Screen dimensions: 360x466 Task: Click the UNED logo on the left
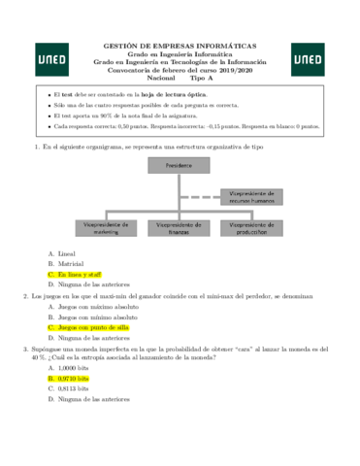[x=51, y=59]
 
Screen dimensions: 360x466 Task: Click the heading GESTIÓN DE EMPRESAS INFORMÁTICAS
[x=180, y=46]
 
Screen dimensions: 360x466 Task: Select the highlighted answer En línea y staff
[x=80, y=275]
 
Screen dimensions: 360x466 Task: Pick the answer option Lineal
[x=68, y=252]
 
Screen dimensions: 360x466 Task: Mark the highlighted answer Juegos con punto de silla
[x=94, y=327]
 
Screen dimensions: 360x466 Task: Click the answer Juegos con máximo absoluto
[x=97, y=306]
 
